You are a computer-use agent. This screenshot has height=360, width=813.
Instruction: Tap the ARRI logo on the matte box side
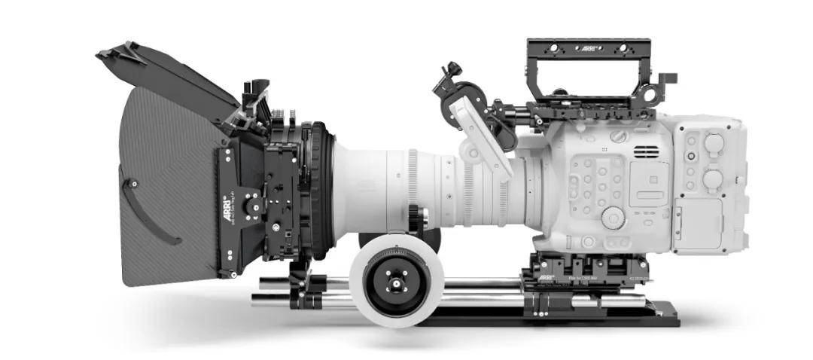(x=225, y=203)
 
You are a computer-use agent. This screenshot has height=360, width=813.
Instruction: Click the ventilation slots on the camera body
(x=645, y=151)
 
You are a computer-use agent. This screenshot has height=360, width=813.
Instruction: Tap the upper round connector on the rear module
(x=712, y=142)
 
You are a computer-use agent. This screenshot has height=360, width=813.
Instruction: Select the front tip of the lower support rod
(x=256, y=301)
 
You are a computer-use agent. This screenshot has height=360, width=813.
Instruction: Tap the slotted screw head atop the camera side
(x=617, y=136)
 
